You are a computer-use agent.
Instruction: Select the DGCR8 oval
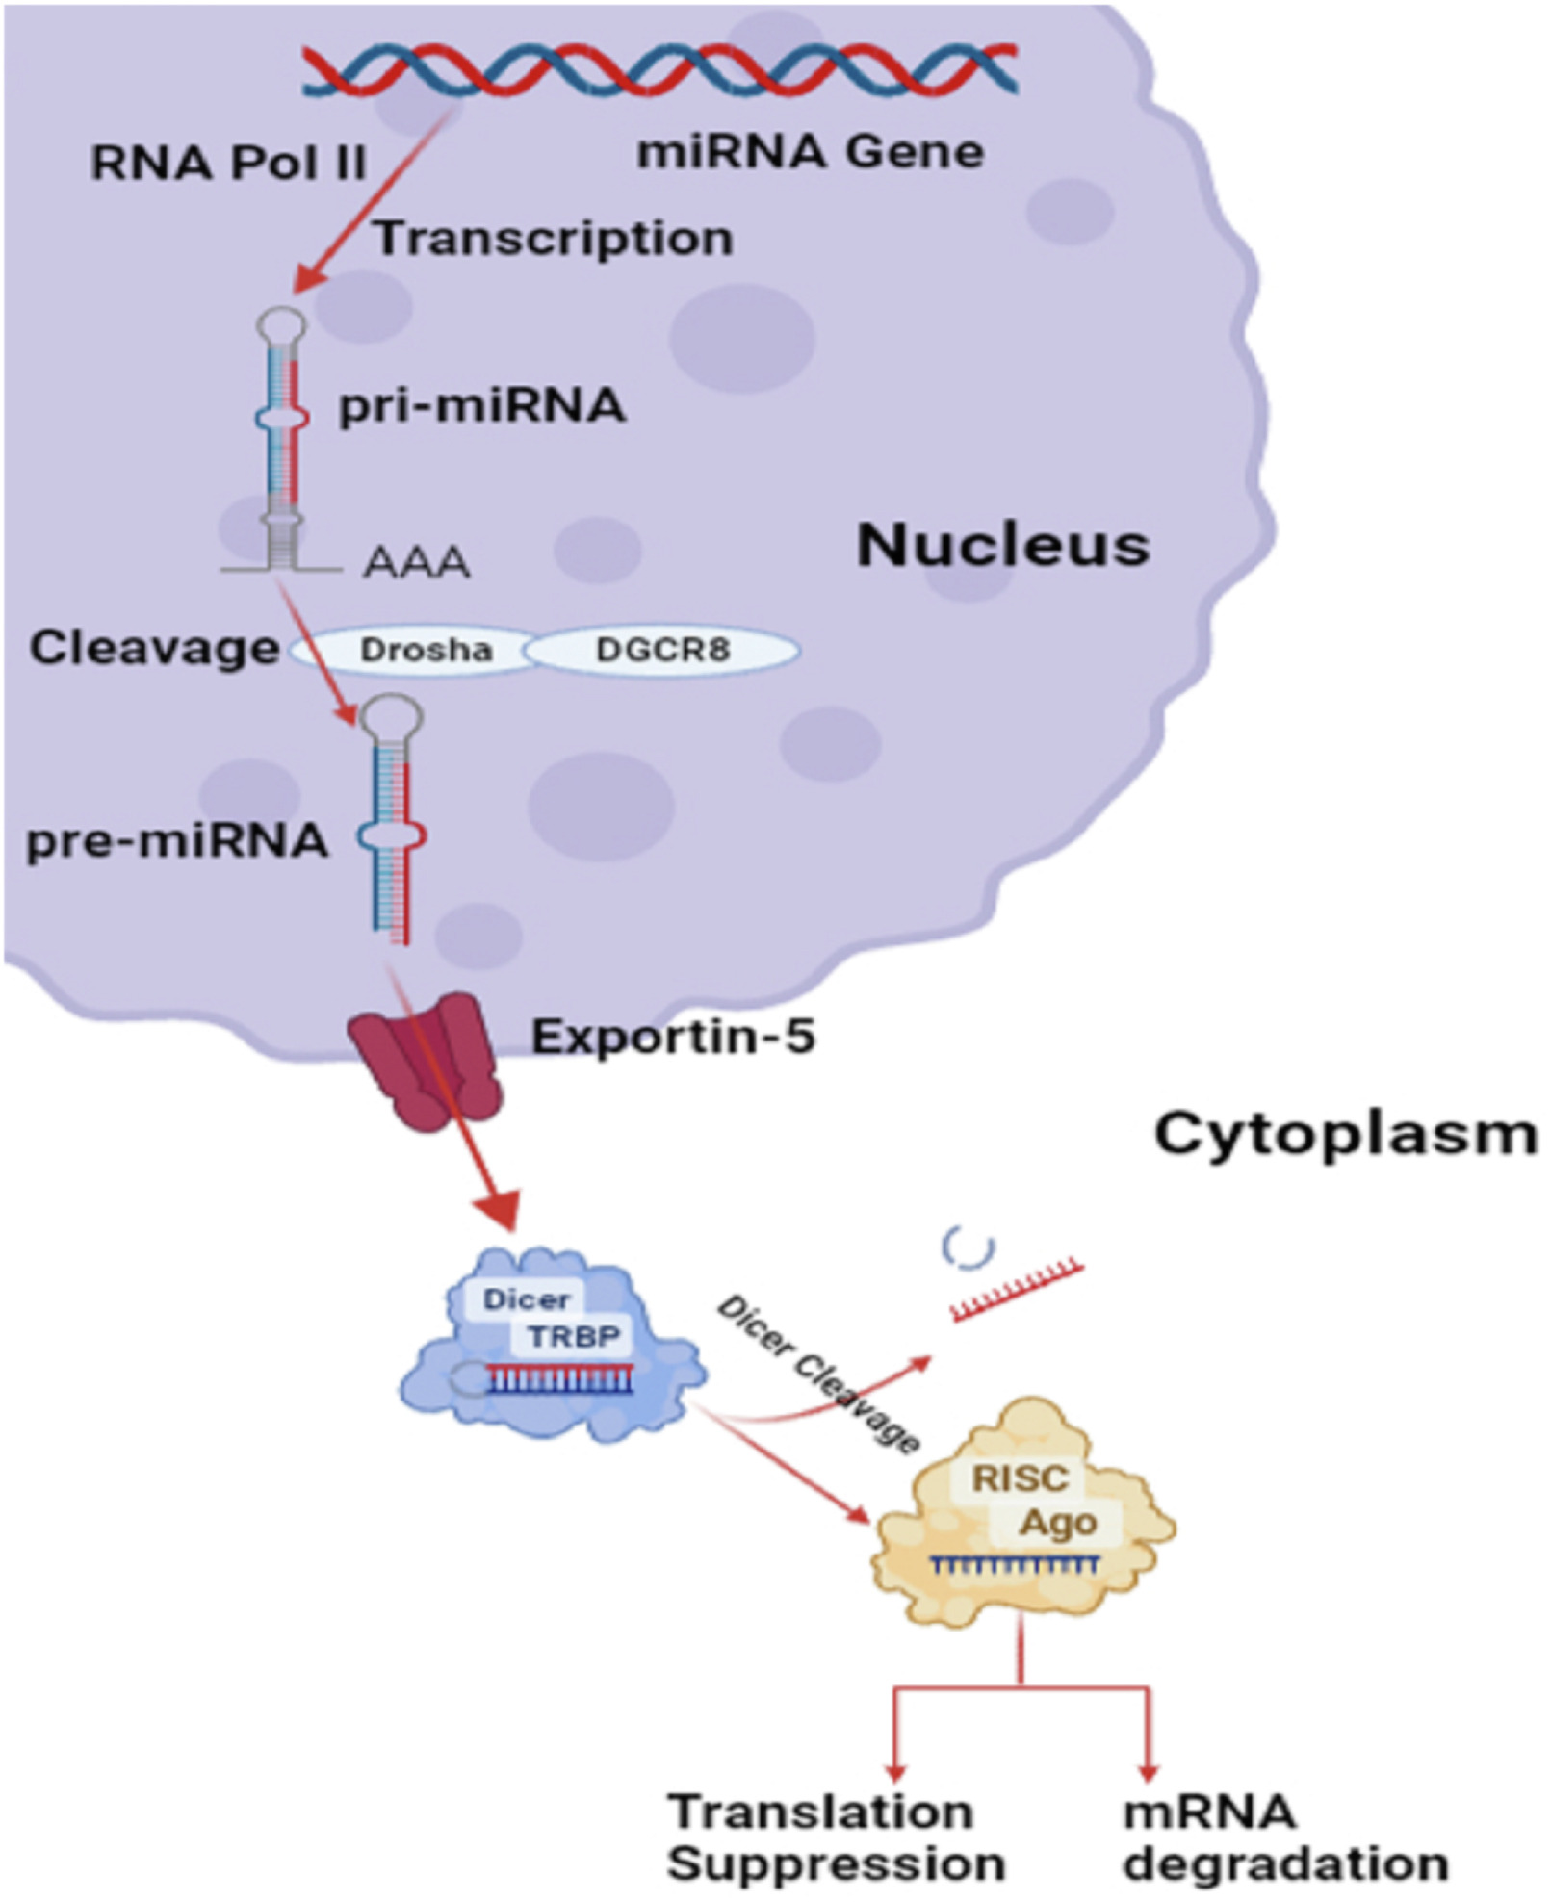point(662,650)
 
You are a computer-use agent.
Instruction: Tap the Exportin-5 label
point(673,1037)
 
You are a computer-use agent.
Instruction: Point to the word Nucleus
point(1002,545)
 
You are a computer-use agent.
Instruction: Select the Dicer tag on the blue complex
point(526,1298)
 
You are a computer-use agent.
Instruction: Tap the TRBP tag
point(574,1336)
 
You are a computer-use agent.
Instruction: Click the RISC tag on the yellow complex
point(1020,1478)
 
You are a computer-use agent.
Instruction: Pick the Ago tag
point(1058,1523)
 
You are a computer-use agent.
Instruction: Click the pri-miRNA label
point(481,405)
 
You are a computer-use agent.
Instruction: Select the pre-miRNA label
point(177,841)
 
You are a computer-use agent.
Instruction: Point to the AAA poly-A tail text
point(416,562)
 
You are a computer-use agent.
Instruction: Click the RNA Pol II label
point(228,163)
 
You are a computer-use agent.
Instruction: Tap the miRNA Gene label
point(811,152)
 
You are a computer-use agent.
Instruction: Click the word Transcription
point(554,238)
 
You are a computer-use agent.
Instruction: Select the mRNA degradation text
point(1284,1837)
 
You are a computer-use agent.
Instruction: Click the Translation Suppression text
point(835,1837)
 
